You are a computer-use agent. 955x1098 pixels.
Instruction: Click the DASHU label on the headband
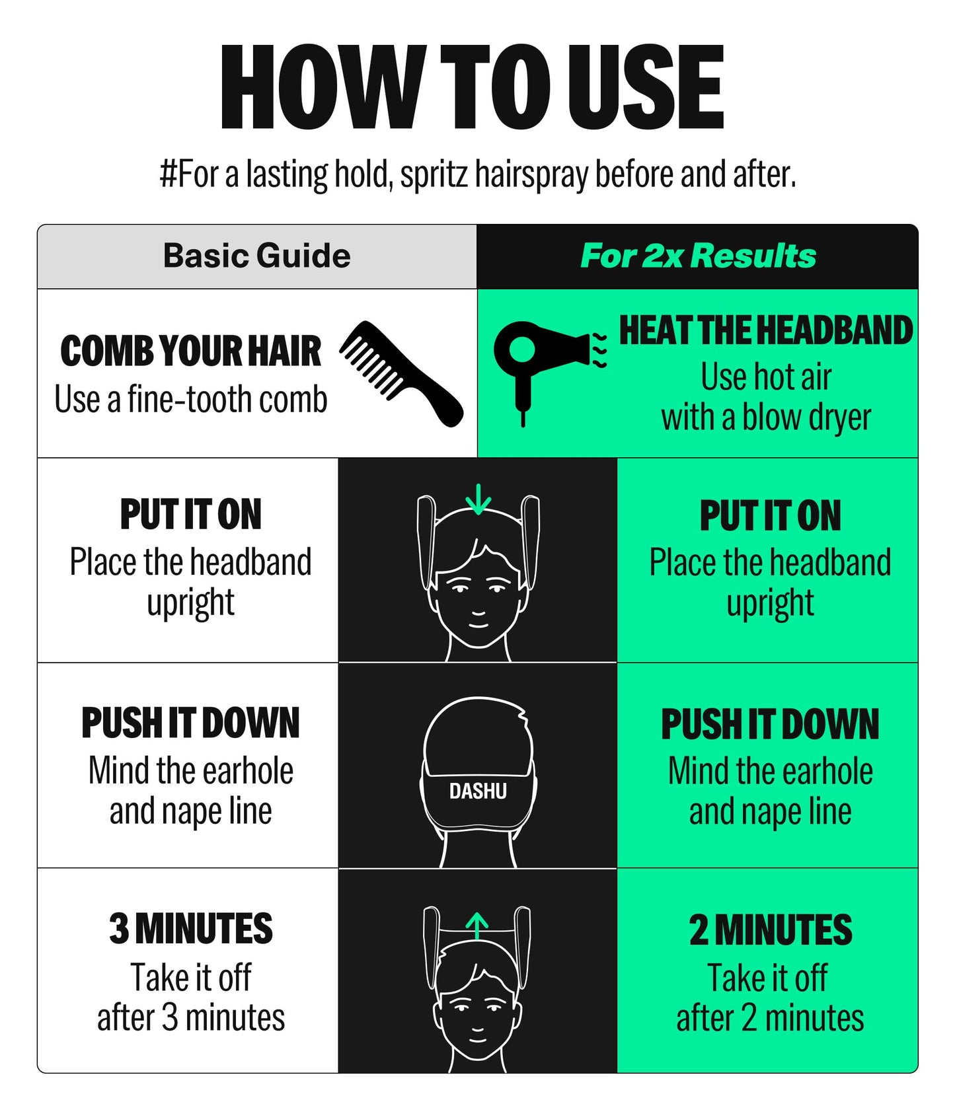coord(478,791)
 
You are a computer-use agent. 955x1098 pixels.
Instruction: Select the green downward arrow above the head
coord(478,499)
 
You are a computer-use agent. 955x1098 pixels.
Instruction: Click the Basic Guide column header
coord(256,256)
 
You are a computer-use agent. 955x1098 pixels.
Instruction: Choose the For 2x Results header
coord(698,256)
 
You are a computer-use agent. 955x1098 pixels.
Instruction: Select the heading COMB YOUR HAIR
coord(190,351)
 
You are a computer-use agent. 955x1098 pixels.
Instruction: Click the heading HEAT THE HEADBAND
coord(765,330)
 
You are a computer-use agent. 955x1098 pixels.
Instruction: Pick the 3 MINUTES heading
coord(190,928)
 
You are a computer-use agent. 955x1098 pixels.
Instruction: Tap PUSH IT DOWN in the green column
coord(770,724)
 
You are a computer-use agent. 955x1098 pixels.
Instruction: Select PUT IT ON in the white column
coord(190,515)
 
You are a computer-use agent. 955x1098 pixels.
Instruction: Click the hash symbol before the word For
coord(168,174)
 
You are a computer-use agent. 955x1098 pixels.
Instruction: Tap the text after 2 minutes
coord(770,1018)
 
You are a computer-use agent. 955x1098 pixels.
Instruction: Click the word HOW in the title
coord(321,87)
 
